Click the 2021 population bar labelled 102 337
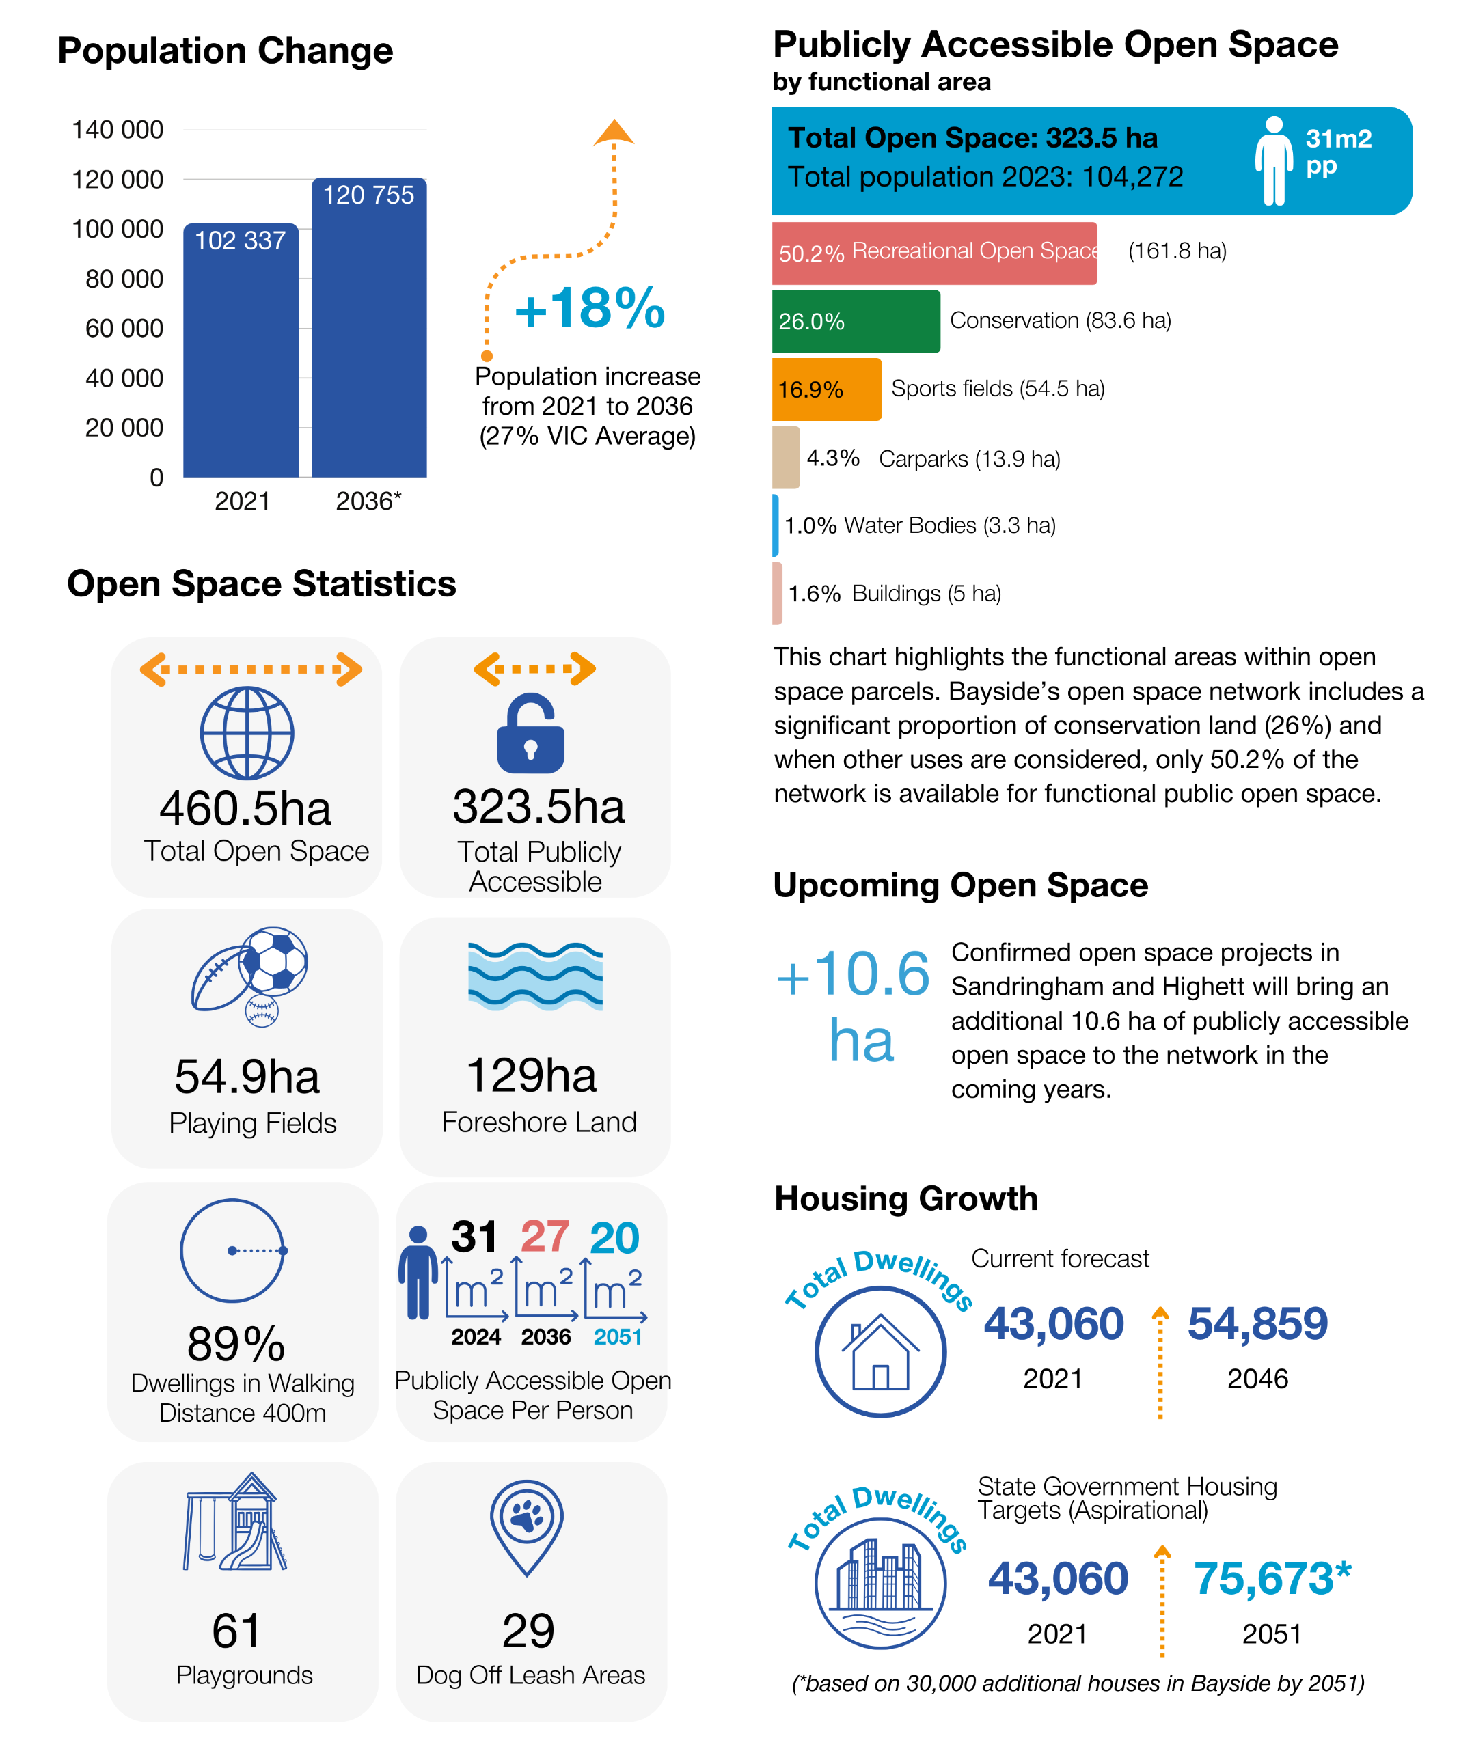click(241, 350)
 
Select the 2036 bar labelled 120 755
click(369, 327)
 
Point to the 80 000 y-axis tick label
click(124, 278)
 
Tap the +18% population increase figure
click(589, 308)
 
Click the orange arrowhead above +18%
click(614, 132)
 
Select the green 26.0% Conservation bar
click(856, 322)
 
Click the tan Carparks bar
click(786, 457)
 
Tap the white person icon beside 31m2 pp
click(1273, 161)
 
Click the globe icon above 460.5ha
click(247, 733)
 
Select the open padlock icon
click(531, 733)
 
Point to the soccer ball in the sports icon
click(273, 961)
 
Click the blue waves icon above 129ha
click(535, 976)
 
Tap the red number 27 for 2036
click(545, 1237)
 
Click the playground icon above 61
click(235, 1522)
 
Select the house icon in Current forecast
click(880, 1352)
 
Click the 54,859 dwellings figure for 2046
click(1257, 1323)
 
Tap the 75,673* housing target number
click(1272, 1578)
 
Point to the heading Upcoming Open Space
click(961, 885)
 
